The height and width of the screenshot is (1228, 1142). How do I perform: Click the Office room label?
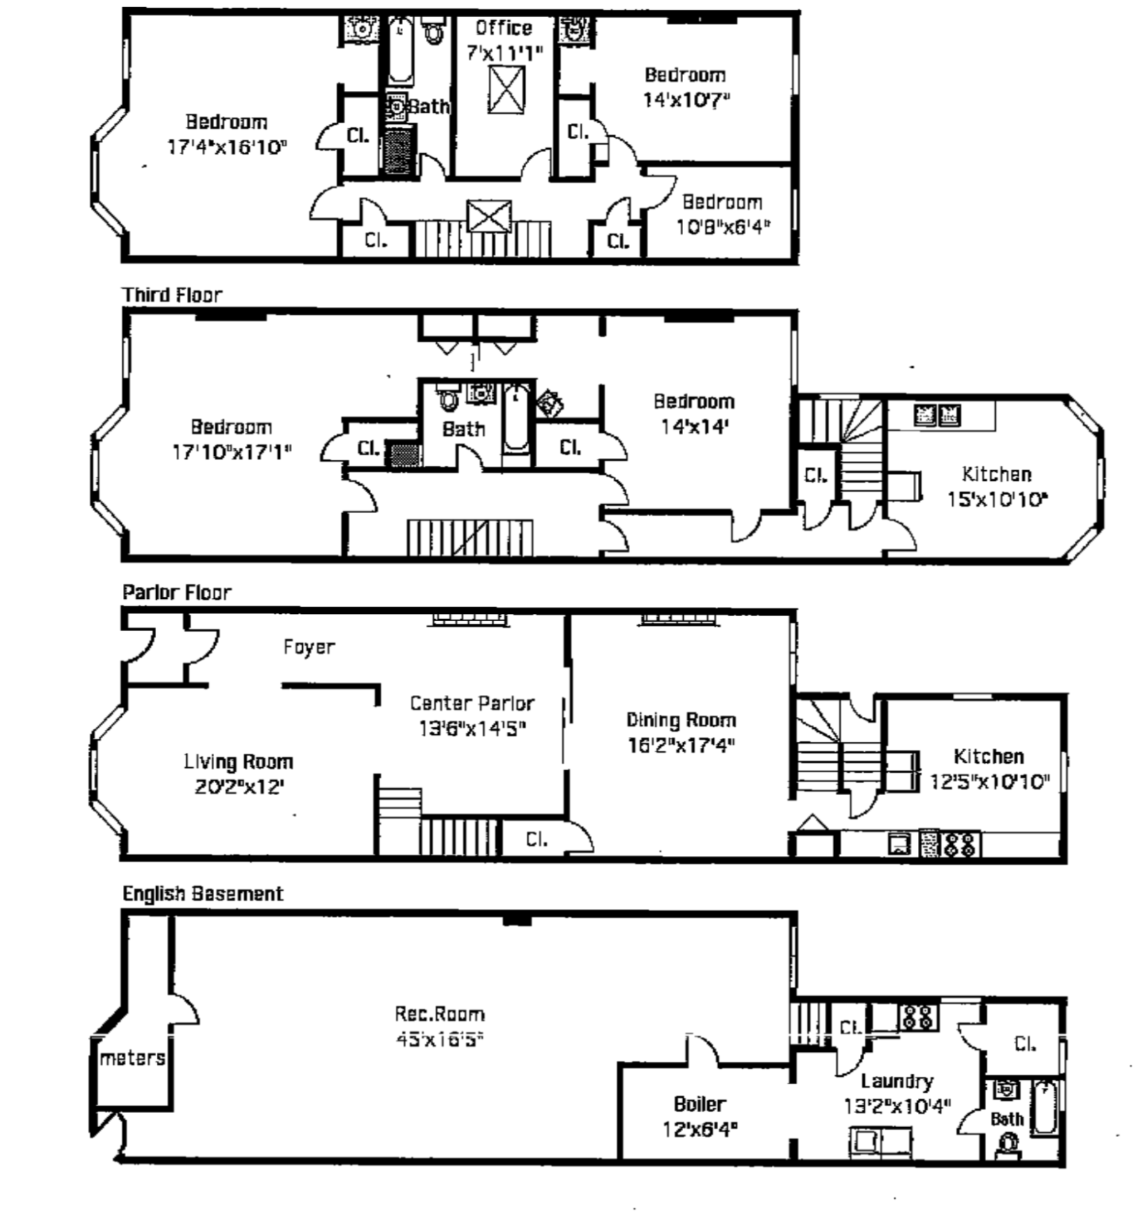pos(503,28)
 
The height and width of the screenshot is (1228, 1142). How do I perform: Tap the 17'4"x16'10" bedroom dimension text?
pos(227,147)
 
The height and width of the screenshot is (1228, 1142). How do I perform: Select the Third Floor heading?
pos(172,295)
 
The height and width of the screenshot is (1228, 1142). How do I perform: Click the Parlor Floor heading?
pos(177,593)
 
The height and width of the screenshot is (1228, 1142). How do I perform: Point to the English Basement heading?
pos(203,894)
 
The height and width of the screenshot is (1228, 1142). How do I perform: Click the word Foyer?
pos(309,647)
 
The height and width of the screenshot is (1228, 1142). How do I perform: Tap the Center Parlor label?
pos(472,703)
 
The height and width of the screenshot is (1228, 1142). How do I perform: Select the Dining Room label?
pos(681,720)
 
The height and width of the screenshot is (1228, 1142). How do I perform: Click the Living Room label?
pos(238,761)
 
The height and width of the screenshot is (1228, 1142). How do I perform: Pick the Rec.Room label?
pos(440,1014)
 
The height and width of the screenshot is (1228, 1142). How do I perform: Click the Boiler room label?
pos(700,1104)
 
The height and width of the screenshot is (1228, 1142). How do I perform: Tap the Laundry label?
pos(896,1081)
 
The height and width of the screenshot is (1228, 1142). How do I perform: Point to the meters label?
pos(132,1058)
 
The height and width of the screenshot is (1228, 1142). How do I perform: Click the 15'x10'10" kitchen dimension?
pos(997,500)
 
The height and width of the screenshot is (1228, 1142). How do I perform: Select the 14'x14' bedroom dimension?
pos(694,427)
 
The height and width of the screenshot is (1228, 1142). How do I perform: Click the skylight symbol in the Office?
pos(506,89)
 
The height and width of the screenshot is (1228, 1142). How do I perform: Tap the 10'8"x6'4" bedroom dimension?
pos(723,228)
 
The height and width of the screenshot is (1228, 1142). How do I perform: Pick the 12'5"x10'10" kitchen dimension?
pos(989,781)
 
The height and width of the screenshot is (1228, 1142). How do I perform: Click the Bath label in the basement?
pos(1007,1119)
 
